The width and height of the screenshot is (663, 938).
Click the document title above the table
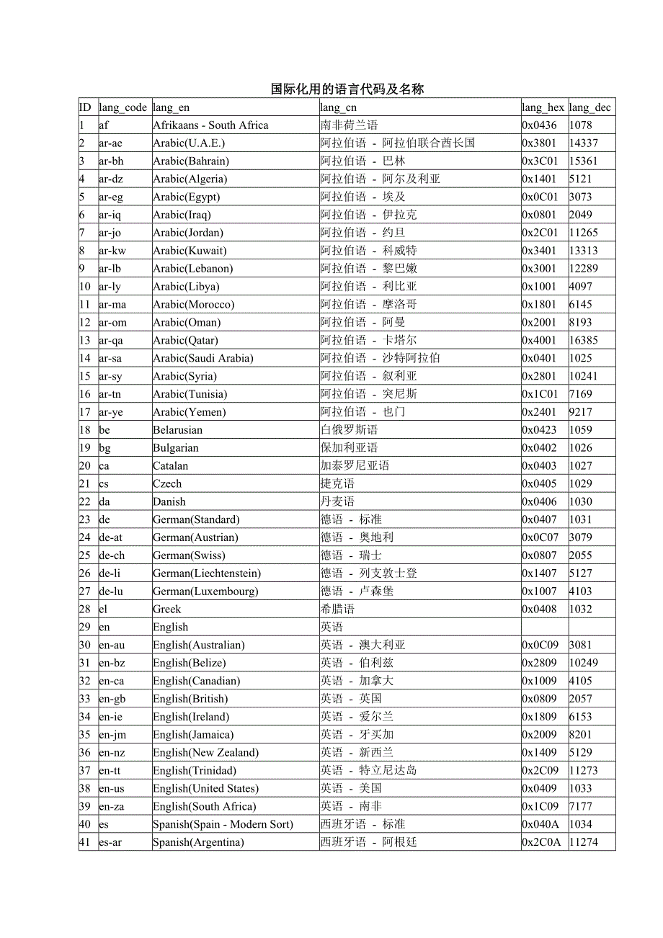pos(347,89)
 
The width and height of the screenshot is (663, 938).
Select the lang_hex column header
pos(543,107)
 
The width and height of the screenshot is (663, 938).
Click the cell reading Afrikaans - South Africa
pos(210,125)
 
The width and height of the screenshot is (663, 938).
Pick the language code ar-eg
pos(111,197)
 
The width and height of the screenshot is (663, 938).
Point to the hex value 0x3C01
pos(540,161)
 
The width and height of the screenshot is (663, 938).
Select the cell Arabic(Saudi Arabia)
pos(203,358)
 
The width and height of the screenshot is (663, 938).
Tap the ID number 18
pos(85,430)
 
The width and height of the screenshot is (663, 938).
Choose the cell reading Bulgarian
pos(176,448)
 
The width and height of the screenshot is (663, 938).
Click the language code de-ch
pos(112,555)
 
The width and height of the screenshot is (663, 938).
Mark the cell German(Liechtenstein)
pos(207,573)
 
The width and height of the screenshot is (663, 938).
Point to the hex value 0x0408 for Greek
pos(540,609)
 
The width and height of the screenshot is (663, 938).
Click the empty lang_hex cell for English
pos(544,627)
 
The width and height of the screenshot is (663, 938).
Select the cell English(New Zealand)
pos(205,753)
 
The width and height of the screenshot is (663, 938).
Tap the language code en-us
pos(112,788)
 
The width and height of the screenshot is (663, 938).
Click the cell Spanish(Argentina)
pos(198,842)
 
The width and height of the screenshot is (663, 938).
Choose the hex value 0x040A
pos(540,824)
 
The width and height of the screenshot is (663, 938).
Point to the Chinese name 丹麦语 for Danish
pos(338,501)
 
